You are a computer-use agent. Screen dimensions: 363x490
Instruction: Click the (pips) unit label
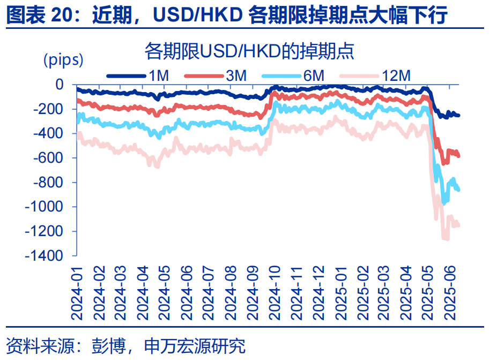pos(63,59)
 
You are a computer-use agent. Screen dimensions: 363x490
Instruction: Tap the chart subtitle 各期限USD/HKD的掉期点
pos(250,51)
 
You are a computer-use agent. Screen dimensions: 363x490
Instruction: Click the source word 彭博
pos(104,346)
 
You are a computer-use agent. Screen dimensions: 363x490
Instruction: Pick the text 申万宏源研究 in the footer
pos(195,346)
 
